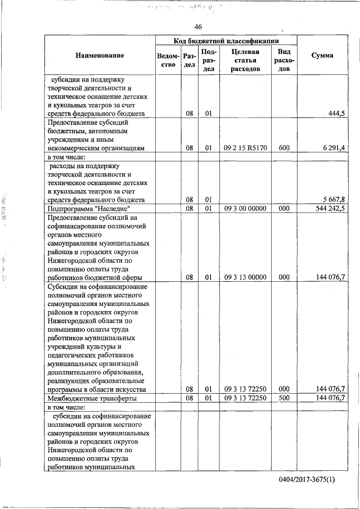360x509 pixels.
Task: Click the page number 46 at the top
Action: (x=198, y=27)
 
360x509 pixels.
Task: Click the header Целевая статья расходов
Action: (x=245, y=60)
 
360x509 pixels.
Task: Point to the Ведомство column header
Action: (x=168, y=60)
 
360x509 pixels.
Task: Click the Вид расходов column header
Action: (x=283, y=60)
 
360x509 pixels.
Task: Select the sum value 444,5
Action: (x=336, y=114)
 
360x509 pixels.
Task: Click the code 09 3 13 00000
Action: (x=245, y=277)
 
